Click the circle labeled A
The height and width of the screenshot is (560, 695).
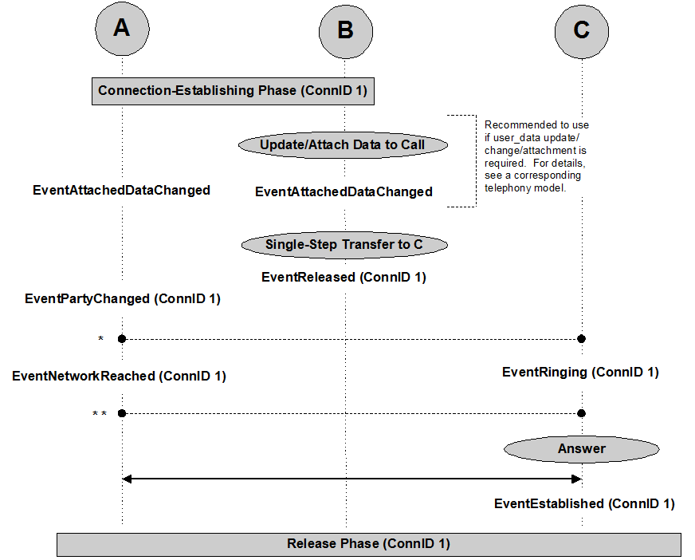122,29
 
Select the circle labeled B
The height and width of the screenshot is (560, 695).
346,30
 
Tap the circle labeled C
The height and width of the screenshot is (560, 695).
582,30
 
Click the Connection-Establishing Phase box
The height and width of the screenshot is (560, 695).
233,91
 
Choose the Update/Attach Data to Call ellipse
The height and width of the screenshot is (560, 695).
343,145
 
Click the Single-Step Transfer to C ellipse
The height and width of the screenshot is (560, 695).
344,245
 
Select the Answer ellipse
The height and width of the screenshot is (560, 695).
582,449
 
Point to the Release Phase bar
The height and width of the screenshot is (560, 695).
368,544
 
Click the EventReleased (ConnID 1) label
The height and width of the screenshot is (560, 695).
344,278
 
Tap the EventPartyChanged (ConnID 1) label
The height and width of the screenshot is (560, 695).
123,299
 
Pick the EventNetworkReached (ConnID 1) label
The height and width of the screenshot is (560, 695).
120,376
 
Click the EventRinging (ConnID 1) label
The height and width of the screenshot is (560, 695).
580,372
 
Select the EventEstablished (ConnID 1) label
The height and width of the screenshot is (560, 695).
584,503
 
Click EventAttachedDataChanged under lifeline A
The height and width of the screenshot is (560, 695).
121,190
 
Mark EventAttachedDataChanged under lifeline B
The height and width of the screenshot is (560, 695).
344,191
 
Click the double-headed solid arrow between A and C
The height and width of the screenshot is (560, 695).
351,479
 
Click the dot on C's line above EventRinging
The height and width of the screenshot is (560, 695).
582,339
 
